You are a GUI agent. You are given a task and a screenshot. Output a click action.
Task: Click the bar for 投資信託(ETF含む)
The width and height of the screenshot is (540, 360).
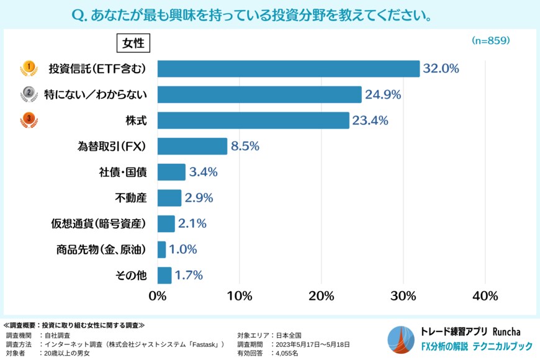click(289, 69)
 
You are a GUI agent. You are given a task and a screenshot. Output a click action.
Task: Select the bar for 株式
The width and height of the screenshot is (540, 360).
click(253, 120)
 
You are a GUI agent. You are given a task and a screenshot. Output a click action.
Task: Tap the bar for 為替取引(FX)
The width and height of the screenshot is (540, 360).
click(192, 146)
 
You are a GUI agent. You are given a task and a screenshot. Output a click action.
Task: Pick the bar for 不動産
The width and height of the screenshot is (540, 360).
click(169, 198)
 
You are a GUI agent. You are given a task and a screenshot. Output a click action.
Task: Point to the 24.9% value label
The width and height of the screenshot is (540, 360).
click(382, 95)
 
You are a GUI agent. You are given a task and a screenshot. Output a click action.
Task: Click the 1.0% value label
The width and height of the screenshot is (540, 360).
click(182, 250)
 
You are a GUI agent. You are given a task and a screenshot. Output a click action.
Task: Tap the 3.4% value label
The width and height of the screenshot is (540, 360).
click(203, 172)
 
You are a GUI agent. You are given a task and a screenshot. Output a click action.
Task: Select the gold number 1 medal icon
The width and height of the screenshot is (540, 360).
click(28, 67)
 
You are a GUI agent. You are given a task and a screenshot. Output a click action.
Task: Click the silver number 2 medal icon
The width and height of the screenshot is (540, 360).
click(28, 93)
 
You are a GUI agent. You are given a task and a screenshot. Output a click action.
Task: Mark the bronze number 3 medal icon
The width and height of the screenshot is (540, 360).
click(28, 119)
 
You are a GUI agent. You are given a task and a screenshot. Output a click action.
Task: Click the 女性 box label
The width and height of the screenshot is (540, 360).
click(133, 43)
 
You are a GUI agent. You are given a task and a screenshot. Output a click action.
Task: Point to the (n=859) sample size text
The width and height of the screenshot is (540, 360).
click(490, 40)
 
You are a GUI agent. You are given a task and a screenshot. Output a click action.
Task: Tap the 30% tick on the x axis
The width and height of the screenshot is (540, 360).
click(403, 295)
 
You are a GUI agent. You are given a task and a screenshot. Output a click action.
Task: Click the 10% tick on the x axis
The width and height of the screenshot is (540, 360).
click(240, 295)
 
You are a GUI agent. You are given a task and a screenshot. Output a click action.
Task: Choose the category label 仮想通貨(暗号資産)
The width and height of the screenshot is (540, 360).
click(99, 224)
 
